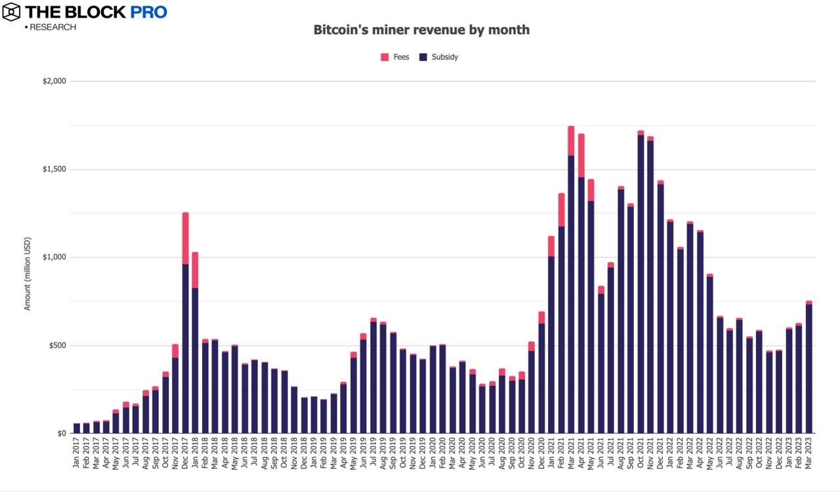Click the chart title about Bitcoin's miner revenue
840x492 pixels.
click(x=421, y=30)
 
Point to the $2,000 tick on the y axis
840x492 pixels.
click(x=54, y=81)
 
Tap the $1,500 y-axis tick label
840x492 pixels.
click(x=54, y=169)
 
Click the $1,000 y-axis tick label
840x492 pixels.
click(x=54, y=257)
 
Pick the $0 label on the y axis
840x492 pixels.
click(x=62, y=434)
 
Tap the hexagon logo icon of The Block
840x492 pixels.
click(x=12, y=12)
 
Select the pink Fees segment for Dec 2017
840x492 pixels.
click(x=185, y=238)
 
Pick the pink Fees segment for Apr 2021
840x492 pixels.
click(x=581, y=155)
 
